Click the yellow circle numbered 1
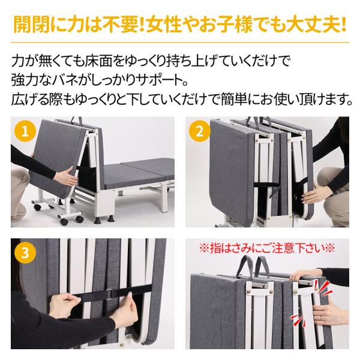point(25,131)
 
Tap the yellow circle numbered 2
point(200,131)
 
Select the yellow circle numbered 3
point(25,253)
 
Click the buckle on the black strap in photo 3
point(110,293)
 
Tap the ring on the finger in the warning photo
point(321,317)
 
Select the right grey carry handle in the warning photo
point(262,266)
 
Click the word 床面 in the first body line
point(98,61)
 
